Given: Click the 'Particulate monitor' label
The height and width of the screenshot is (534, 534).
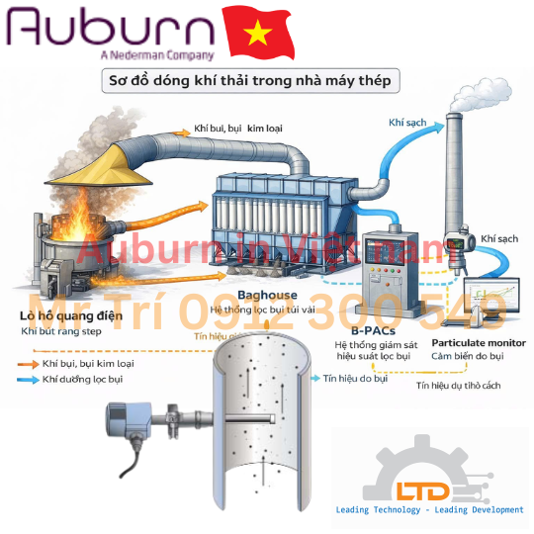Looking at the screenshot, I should (479, 342).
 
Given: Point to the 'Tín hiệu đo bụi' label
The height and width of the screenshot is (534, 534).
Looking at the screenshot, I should (355, 378).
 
